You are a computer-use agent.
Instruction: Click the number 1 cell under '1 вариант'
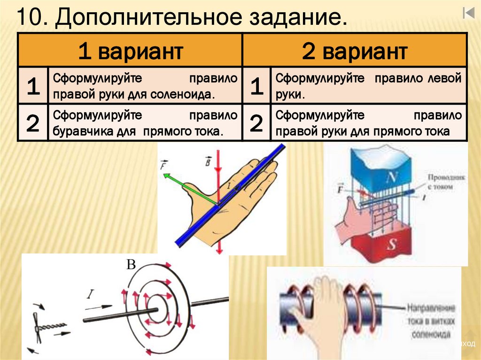point(32,86)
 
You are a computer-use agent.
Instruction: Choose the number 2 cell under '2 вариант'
point(256,123)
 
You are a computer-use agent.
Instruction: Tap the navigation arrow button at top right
point(468,13)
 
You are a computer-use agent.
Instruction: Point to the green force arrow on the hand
point(188,188)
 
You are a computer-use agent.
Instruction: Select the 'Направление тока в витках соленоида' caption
point(431,322)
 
